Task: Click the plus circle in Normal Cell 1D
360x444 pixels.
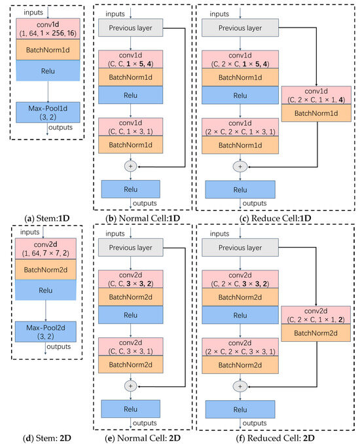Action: pos(130,166)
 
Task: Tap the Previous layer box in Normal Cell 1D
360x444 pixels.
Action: pos(130,28)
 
